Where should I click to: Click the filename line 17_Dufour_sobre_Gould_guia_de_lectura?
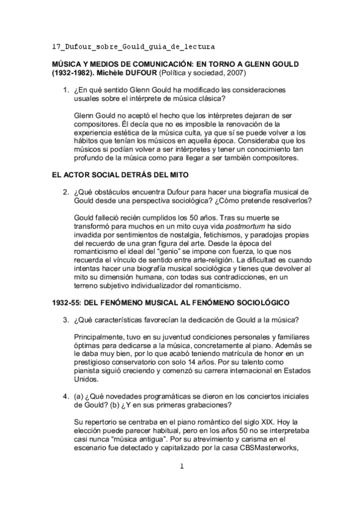click(x=133, y=46)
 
